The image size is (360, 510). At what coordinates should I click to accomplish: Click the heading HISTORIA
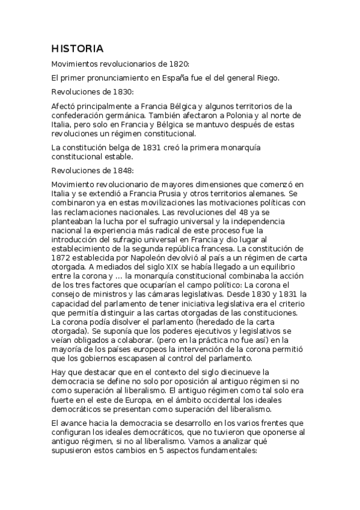pos(78,48)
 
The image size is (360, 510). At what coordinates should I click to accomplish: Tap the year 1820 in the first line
pos(178,63)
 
